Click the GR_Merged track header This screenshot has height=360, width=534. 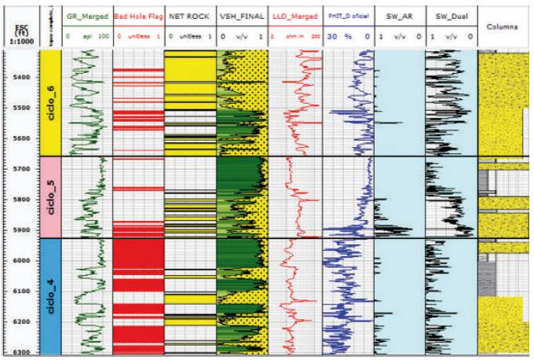tap(86, 16)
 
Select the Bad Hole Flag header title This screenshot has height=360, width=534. tap(138, 16)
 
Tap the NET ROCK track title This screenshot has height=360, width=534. tap(189, 16)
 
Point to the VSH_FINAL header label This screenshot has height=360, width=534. tap(242, 16)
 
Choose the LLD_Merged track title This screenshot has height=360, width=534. tap(294, 16)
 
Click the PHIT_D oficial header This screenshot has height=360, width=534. tap(347, 16)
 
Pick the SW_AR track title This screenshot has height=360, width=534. tap(399, 16)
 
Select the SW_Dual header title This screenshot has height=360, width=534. tap(451, 16)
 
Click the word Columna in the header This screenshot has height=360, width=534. tap(503, 26)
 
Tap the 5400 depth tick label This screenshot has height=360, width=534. tap(22, 77)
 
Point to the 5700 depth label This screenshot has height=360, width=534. tap(22, 169)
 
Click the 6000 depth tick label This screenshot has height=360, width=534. tap(22, 261)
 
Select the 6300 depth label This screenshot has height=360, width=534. tap(22, 352)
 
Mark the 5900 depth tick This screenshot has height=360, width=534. tap(22, 230)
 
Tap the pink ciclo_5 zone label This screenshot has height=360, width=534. tap(49, 197)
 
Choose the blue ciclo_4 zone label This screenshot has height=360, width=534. tap(49, 295)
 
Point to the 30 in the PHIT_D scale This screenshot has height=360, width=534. tap(330, 36)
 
